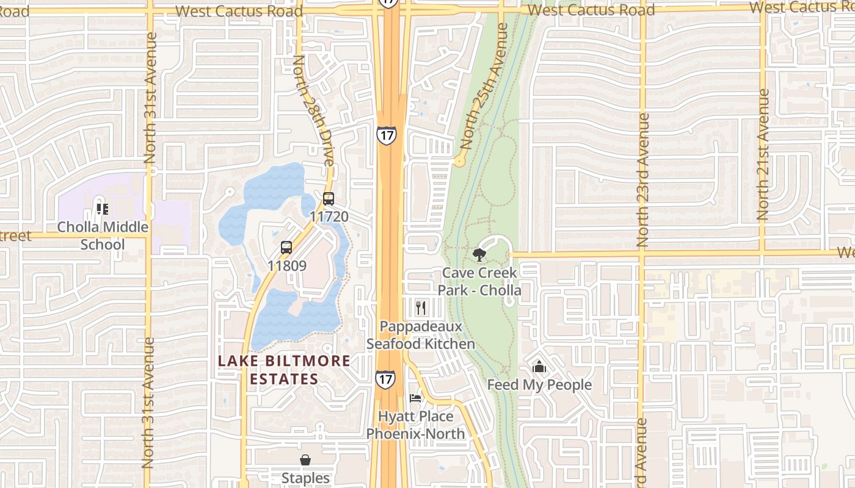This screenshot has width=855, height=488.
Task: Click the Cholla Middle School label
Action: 103,235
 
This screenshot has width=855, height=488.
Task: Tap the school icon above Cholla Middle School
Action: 103,210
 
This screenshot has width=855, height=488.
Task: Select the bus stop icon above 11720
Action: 329,199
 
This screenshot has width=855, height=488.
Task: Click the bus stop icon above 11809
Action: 286,248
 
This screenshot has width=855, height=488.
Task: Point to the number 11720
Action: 329,217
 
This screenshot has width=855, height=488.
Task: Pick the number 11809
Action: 286,266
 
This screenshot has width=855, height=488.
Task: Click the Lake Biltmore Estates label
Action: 285,370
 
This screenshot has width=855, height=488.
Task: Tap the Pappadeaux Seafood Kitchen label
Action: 421,335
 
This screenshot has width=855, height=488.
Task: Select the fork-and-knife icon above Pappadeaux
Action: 420,307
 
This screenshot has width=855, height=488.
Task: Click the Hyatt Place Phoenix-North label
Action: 416,425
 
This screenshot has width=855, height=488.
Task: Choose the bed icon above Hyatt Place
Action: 415,398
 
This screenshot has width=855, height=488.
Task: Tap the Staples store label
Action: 305,478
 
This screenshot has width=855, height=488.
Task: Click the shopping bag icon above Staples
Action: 305,460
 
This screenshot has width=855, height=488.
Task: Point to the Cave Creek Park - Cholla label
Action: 480,281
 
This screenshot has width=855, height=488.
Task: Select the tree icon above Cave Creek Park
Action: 479,254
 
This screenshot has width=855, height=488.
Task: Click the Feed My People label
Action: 539,385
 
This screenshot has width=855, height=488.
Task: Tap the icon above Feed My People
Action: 539,367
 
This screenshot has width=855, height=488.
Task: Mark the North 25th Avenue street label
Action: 485,87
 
